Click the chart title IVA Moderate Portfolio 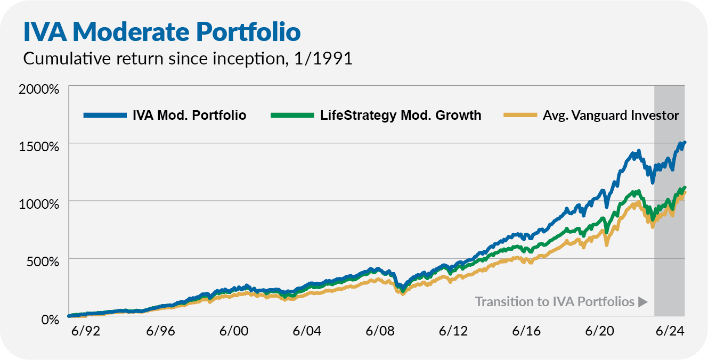tap(161, 31)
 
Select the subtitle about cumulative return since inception tap(188, 59)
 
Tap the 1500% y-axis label tap(39, 146)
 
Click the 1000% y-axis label tap(39, 204)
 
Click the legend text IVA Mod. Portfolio tap(189, 116)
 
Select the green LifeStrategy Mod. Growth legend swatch tap(292, 116)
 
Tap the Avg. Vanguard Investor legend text tap(611, 116)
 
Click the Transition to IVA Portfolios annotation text tap(555, 302)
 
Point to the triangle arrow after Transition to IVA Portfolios tap(642, 302)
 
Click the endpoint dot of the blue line tap(684, 143)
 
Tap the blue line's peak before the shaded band tap(638, 151)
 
